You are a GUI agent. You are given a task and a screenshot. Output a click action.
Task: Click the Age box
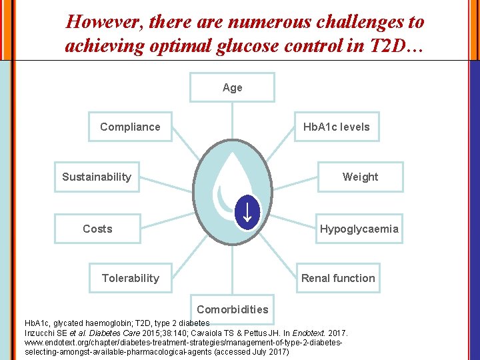click(232, 87)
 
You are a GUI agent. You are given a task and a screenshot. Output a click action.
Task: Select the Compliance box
click(130, 127)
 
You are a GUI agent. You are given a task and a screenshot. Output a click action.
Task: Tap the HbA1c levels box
click(336, 127)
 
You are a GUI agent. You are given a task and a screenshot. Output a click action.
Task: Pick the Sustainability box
click(97, 177)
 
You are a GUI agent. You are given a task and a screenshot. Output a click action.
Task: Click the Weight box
click(359, 177)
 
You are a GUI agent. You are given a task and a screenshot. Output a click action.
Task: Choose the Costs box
click(97, 229)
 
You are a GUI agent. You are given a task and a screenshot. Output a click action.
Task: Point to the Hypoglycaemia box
click(359, 229)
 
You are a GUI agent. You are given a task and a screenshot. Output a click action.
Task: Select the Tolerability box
click(130, 278)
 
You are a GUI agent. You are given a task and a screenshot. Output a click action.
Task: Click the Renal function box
click(338, 278)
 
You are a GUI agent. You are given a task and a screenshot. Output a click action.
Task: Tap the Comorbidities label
click(232, 309)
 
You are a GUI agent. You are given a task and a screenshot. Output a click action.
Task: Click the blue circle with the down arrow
click(247, 213)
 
